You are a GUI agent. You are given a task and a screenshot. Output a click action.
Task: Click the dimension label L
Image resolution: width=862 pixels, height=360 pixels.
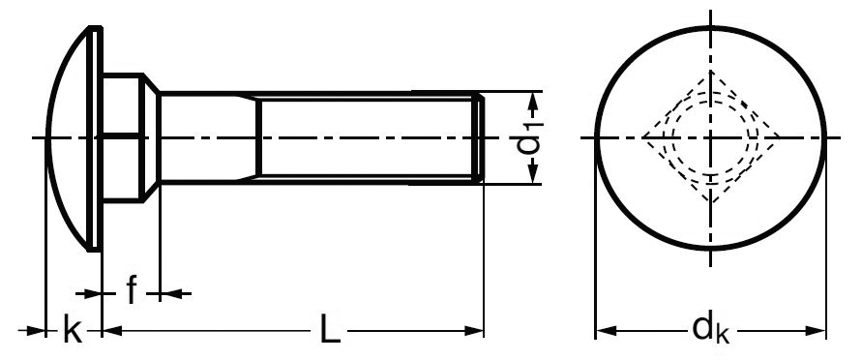point(330,331)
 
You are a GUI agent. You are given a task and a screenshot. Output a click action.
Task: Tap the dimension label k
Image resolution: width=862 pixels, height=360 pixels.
point(73,330)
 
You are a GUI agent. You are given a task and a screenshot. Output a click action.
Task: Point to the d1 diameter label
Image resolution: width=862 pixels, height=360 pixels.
point(529,137)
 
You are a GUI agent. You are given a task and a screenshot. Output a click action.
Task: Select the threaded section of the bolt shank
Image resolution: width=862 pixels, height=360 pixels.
point(370,137)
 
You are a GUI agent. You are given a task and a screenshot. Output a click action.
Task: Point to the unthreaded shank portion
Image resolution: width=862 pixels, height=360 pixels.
point(208,137)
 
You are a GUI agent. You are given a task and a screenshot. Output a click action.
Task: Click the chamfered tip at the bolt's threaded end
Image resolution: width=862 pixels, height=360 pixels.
point(481,137)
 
